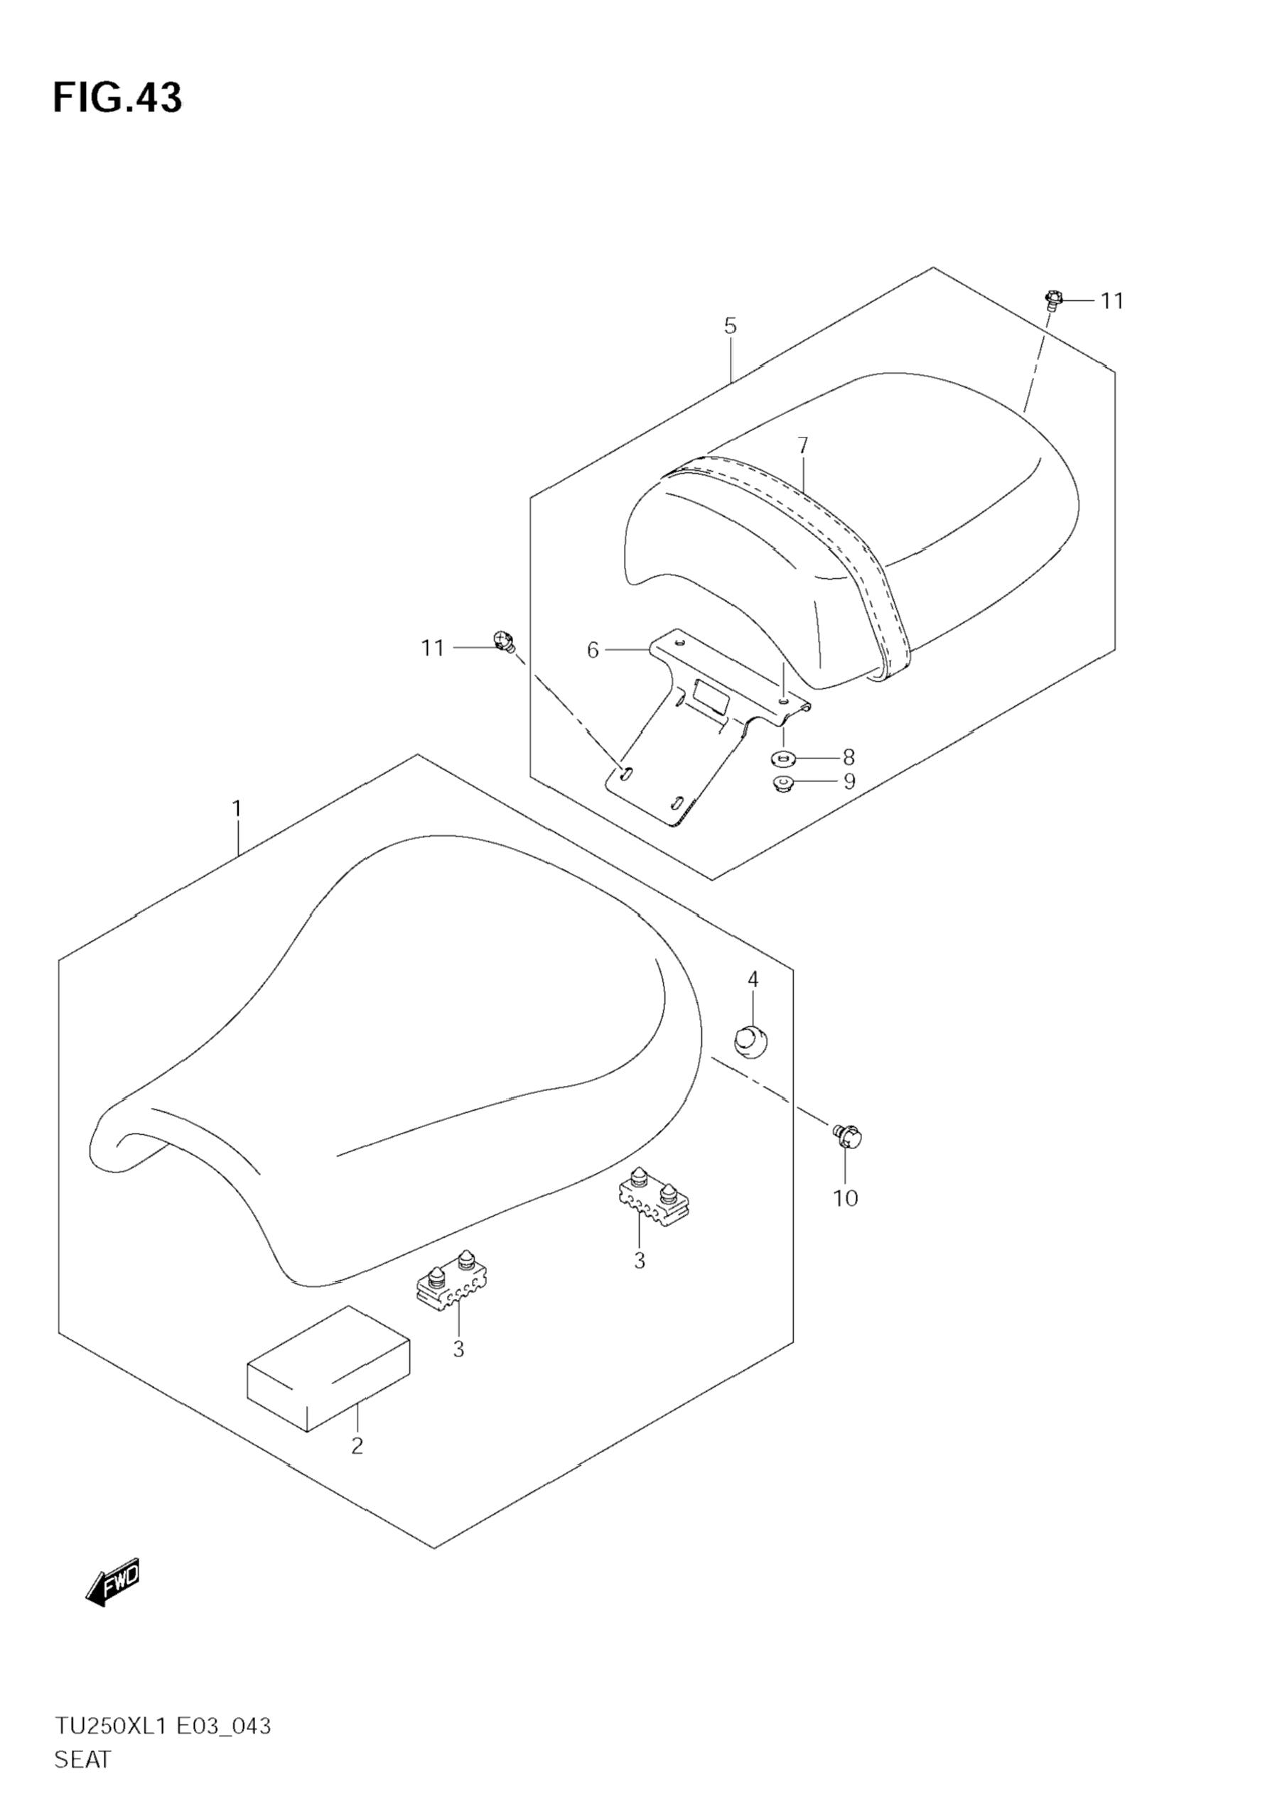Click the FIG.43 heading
tap(117, 98)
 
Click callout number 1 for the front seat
tap(237, 809)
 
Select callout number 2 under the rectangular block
tap(357, 1447)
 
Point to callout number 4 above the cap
tap(753, 979)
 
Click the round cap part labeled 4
tap(751, 1038)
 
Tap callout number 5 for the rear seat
tap(731, 326)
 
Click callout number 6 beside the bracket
tap(593, 650)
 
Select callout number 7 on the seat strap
tap(802, 446)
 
